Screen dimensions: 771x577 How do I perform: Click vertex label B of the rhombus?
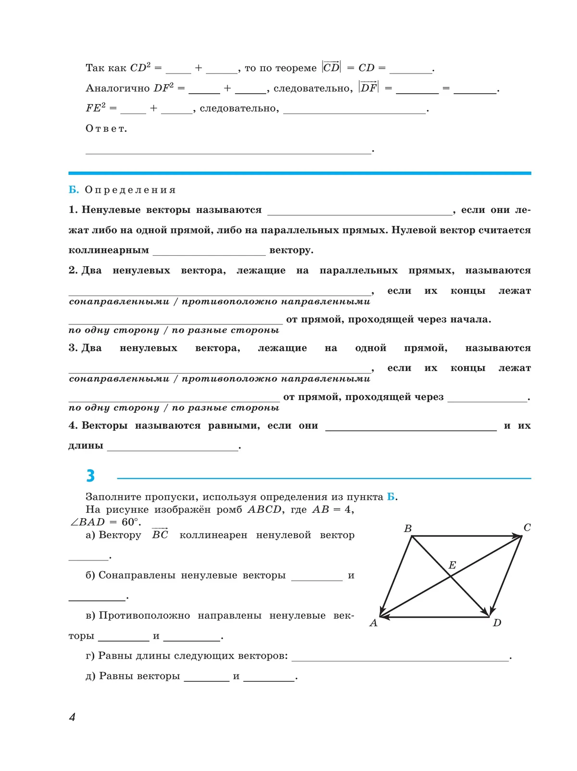tap(408, 528)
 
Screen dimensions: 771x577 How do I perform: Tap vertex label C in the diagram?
tap(527, 527)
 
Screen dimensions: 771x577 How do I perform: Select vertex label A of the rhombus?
tap(373, 623)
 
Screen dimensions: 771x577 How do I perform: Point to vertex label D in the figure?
tap(497, 623)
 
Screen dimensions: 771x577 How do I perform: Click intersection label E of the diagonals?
tap(452, 565)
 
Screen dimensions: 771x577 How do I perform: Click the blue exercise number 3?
tap(90, 475)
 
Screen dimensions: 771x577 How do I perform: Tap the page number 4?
tap(72, 717)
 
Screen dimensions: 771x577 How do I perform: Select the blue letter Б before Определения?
tap(73, 190)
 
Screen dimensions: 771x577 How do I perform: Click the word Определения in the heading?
tap(130, 190)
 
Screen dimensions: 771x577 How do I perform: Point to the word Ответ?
tap(106, 129)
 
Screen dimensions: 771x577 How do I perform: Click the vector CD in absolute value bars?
tap(331, 67)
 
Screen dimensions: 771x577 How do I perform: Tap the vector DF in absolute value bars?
tap(369, 87)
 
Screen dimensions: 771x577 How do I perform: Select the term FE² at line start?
tap(95, 108)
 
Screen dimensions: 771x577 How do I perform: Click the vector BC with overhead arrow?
tap(160, 535)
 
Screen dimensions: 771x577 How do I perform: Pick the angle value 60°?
tap(130, 522)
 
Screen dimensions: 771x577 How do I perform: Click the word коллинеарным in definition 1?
tap(109, 250)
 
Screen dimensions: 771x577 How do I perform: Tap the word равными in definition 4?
tap(234, 425)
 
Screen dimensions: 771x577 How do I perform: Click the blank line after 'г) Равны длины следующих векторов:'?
tap(400, 657)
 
